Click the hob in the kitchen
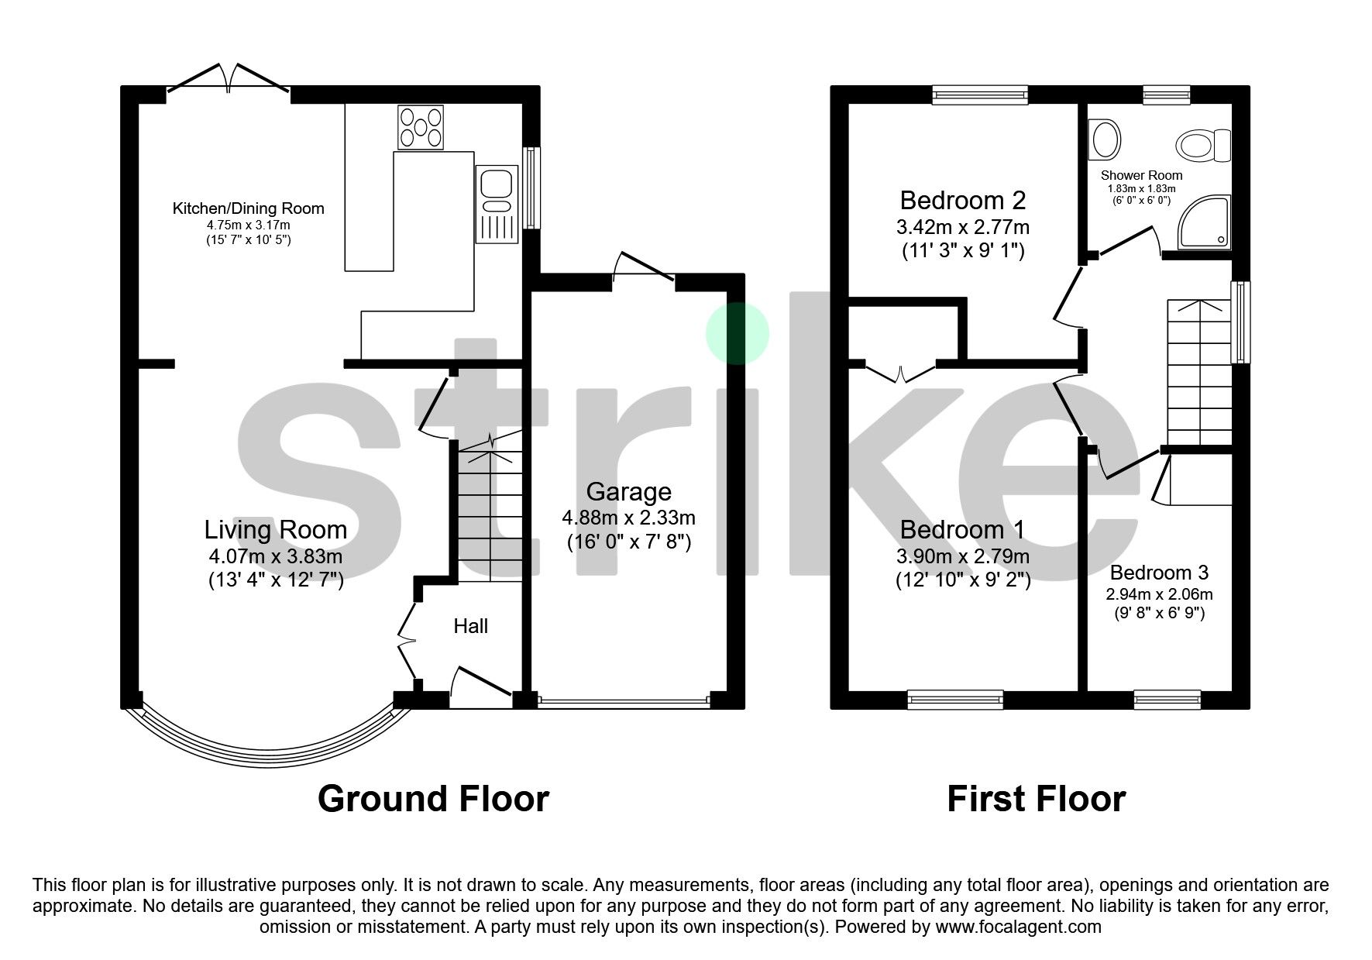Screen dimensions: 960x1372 pyautogui.click(x=421, y=127)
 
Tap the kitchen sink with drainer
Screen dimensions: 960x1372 pyautogui.click(x=497, y=203)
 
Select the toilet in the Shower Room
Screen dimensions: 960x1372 pyautogui.click(x=1202, y=146)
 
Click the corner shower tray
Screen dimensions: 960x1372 pyautogui.click(x=1204, y=222)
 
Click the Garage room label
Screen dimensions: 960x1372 pyautogui.click(x=628, y=492)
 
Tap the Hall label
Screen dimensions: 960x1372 pyautogui.click(x=470, y=626)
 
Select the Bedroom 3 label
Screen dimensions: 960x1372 pyautogui.click(x=1159, y=573)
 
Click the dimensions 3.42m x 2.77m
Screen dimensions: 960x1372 pyautogui.click(x=962, y=228)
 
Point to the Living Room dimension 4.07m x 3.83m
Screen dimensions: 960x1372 pyautogui.click(x=275, y=556)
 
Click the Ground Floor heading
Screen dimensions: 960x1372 pyautogui.click(x=433, y=799)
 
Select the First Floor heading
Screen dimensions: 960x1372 pyautogui.click(x=1036, y=799)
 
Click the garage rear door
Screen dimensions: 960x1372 pyautogui.click(x=643, y=268)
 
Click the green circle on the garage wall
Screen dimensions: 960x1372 pyautogui.click(x=737, y=333)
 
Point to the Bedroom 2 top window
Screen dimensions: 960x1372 pyautogui.click(x=980, y=95)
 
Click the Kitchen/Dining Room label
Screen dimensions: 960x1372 pyautogui.click(x=248, y=208)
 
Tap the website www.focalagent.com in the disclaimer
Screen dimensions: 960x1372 pyautogui.click(x=1018, y=927)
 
